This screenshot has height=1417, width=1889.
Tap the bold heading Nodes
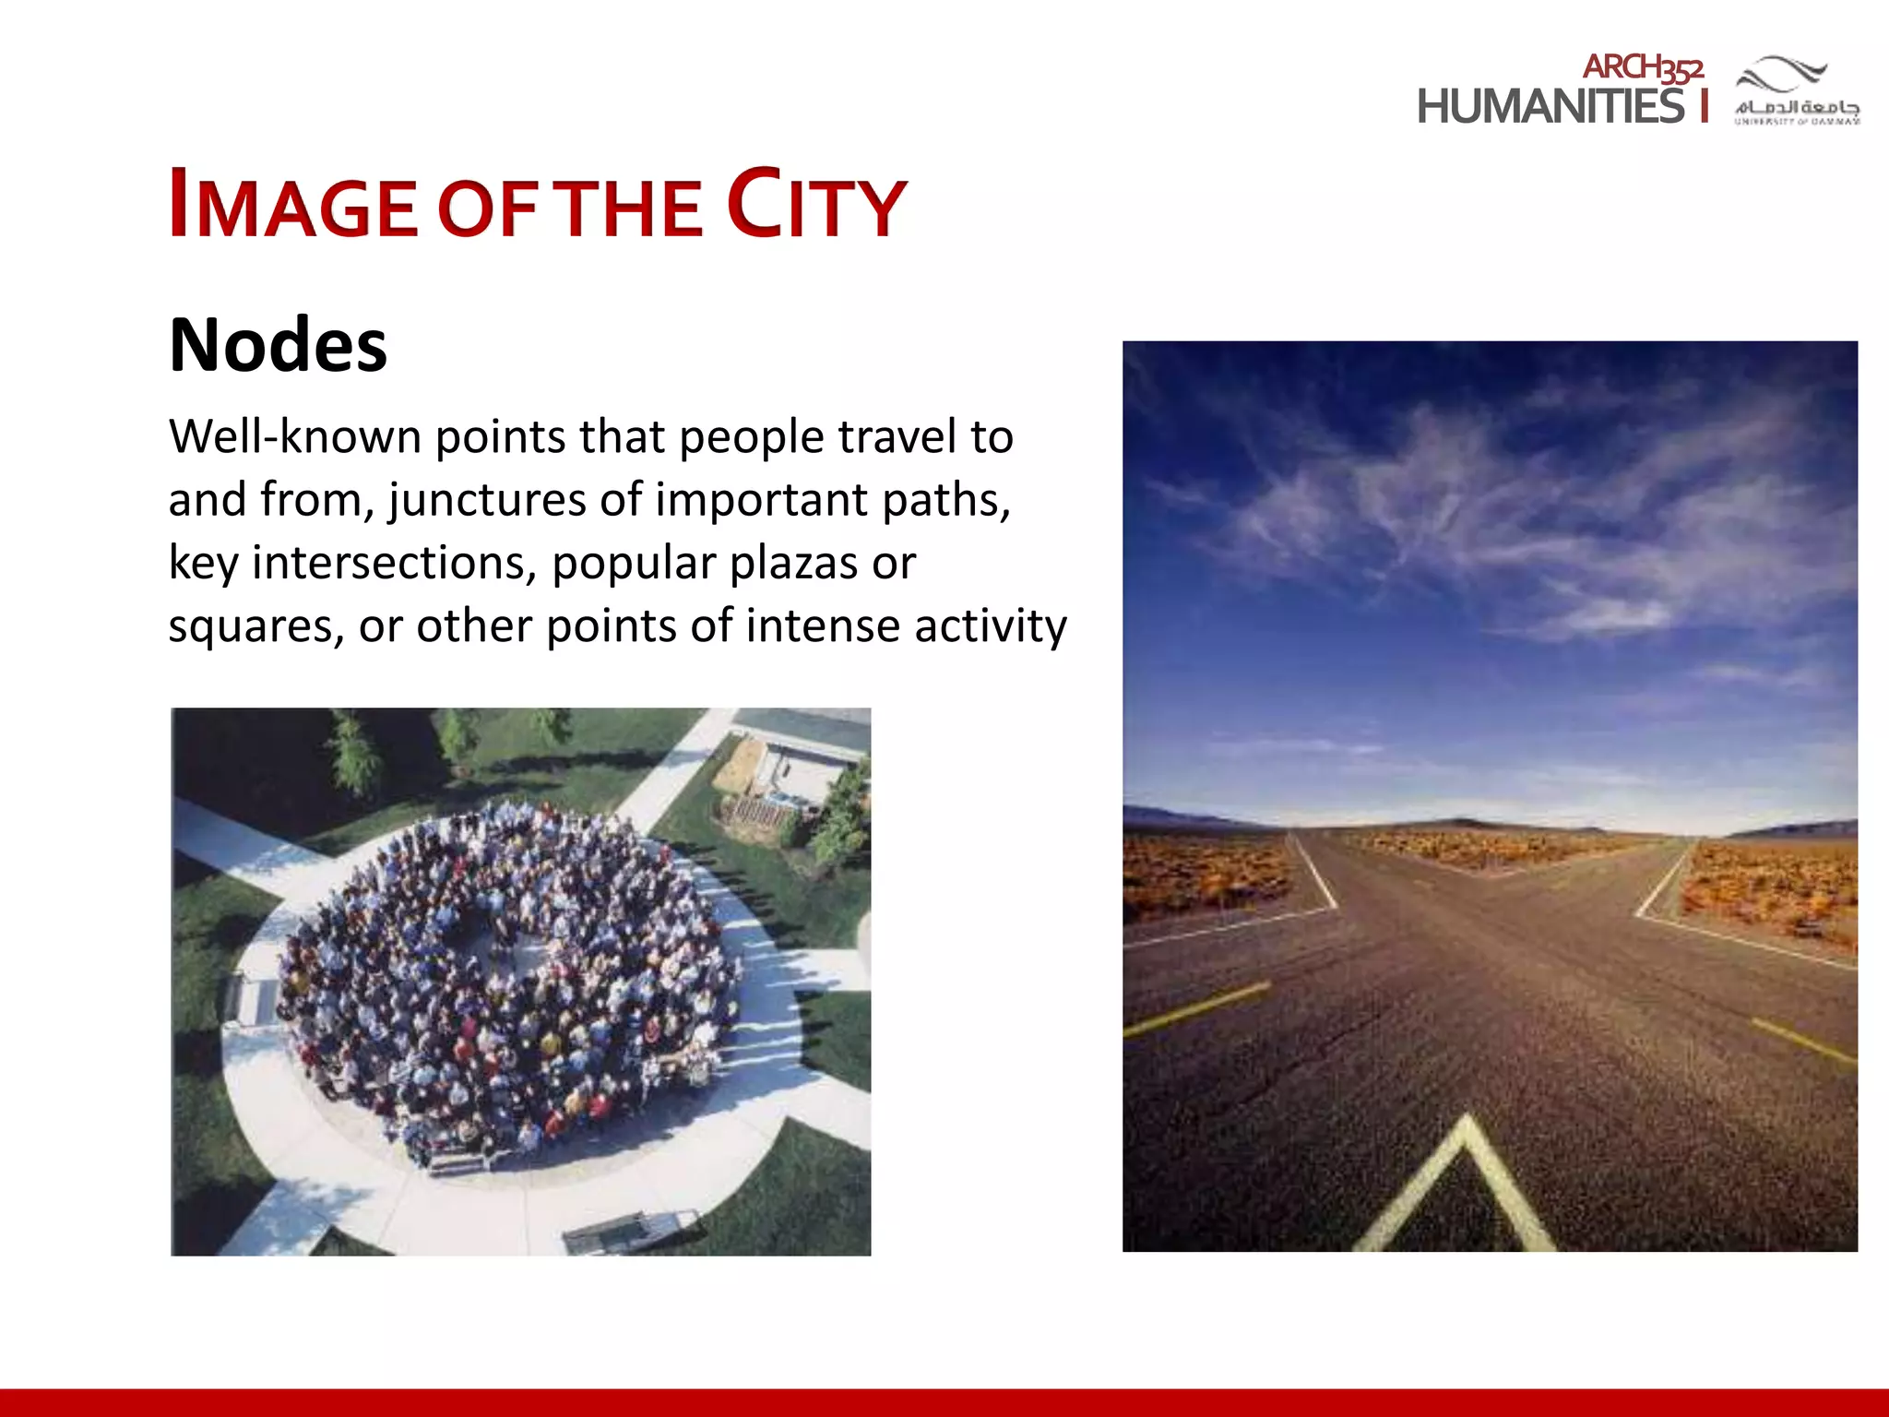(279, 345)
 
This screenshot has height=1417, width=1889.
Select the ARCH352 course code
(1643, 67)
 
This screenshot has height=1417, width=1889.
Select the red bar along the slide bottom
(944, 1402)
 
